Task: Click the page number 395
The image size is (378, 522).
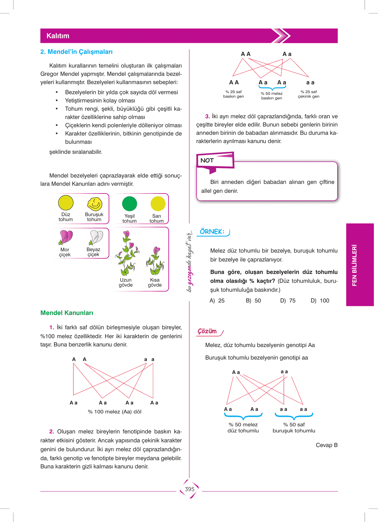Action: point(189,489)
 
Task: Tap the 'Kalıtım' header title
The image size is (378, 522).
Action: point(58,36)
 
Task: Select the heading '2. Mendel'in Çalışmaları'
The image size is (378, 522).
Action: point(76,52)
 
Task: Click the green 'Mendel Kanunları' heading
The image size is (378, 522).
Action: point(67,313)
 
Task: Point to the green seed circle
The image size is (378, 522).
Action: point(129,204)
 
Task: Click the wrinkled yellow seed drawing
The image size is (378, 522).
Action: point(94,204)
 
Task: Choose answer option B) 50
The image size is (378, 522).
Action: point(253,301)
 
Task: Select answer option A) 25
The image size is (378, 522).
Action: point(217,301)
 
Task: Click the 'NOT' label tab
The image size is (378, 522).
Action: point(207,160)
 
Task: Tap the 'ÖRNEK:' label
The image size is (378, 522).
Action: point(212,232)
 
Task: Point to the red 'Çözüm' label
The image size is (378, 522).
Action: point(207,331)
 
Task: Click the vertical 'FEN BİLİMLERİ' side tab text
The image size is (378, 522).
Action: point(354,265)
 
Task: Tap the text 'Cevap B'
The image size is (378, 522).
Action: point(326,445)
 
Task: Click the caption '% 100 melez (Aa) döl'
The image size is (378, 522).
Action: point(114,412)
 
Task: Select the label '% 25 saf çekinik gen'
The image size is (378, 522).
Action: point(308,94)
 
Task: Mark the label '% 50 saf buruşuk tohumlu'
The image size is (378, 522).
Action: point(294,428)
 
